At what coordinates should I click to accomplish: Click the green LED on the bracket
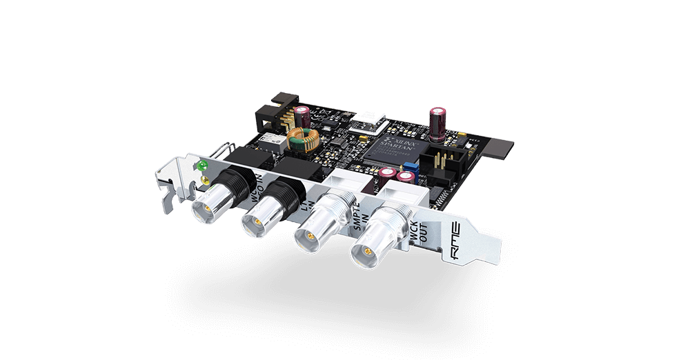[x=201, y=166]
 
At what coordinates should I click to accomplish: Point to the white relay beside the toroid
[x=271, y=141]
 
